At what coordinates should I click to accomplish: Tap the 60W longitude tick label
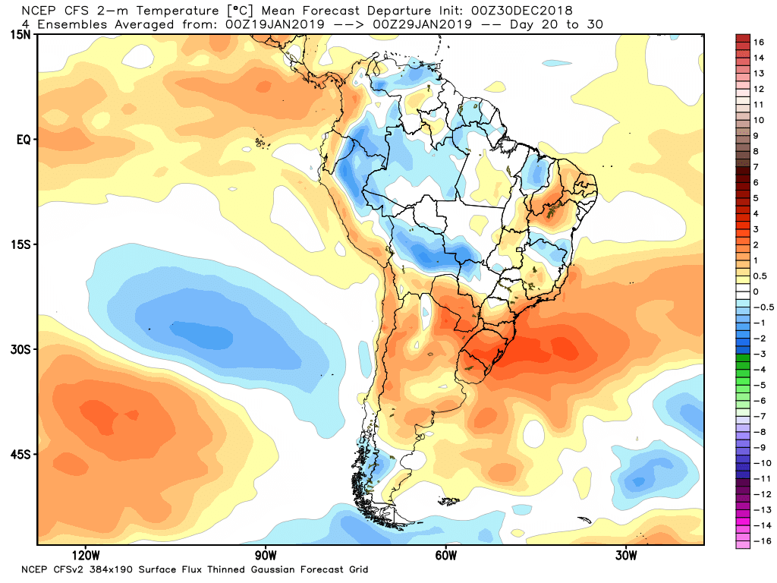coord(445,553)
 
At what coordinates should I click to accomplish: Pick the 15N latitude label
coord(20,36)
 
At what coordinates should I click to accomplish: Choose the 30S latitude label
coord(20,350)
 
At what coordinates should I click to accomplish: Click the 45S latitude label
coord(20,455)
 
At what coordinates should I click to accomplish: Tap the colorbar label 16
coord(759,42)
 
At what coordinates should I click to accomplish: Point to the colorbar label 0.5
coord(760,276)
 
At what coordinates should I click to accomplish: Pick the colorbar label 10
coord(759,120)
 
